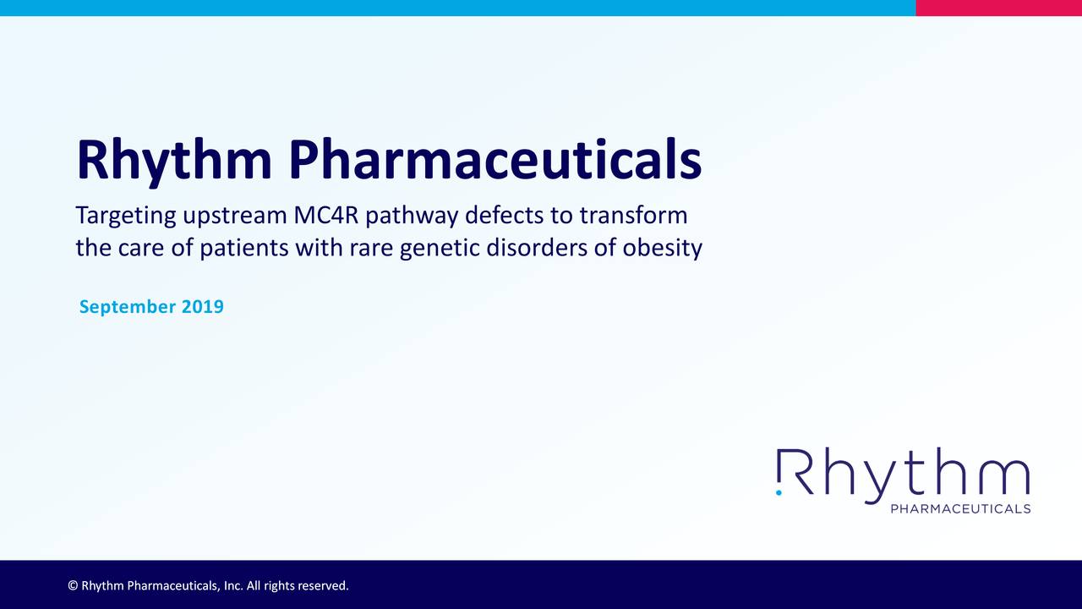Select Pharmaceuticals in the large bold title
pos(495,159)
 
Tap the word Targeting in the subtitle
pos(126,217)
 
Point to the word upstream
pos(235,217)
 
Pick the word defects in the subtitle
pos(505,215)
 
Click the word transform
pos(633,215)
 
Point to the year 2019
pos(202,306)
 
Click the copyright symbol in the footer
pos(73,585)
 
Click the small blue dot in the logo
pos(779,491)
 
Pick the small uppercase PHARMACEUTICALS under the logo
pos(960,508)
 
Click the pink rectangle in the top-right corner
pos(998,8)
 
